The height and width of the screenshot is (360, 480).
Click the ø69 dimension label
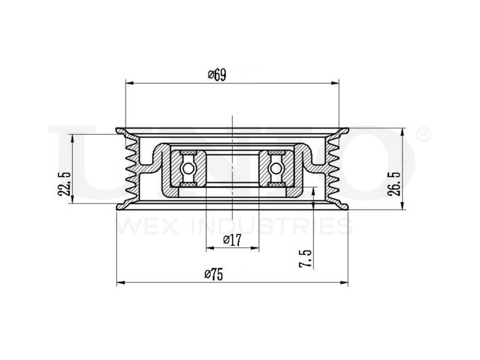pos(217,75)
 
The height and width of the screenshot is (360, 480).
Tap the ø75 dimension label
pos(214,275)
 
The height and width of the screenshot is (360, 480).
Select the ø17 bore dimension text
pos(232,240)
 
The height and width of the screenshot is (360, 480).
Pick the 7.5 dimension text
pos(305,258)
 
